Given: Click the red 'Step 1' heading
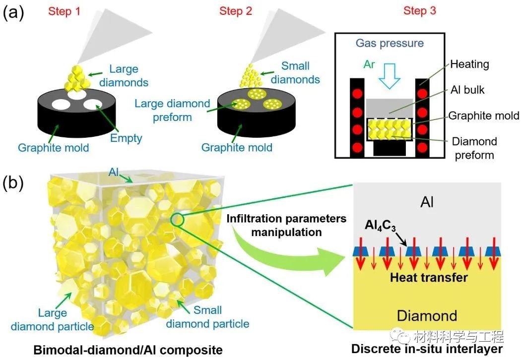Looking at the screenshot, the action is tap(64, 11).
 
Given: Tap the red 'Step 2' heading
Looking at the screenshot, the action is tap(236, 11).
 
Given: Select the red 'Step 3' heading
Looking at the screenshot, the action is tap(420, 10).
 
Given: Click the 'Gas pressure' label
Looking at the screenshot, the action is tap(390, 43).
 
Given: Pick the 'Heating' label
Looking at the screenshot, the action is tap(469, 64).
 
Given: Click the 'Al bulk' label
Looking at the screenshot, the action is tap(467, 90).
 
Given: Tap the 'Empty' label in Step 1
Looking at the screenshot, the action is tap(126, 138).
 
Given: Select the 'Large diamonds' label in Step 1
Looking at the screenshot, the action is tap(124, 76).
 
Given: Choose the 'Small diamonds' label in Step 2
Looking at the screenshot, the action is tap(295, 73).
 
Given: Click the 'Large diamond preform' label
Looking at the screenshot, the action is tap(173, 110).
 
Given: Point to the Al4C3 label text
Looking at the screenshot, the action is tap(381, 226).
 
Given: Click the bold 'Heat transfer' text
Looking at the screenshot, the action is tap(429, 277).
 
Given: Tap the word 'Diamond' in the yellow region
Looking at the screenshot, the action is tap(427, 315).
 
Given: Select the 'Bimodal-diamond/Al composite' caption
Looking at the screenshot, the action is tap(128, 350).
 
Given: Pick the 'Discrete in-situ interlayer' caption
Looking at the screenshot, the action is tap(427, 349).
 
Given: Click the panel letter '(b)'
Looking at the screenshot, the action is tap(13, 183).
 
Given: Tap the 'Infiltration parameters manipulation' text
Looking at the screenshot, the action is tap(286, 225).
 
